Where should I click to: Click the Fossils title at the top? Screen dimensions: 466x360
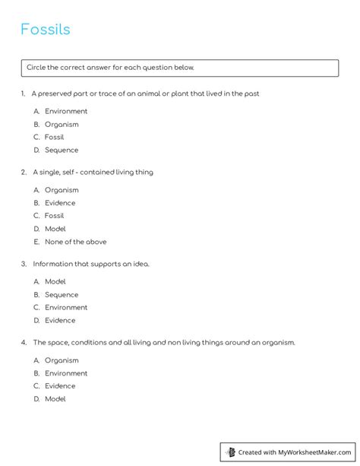click(x=45, y=30)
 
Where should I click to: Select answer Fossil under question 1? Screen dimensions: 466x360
click(x=55, y=137)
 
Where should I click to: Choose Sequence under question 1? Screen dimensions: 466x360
click(x=61, y=150)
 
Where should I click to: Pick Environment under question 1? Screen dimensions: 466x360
click(x=65, y=111)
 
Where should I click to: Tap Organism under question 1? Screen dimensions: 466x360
click(x=61, y=124)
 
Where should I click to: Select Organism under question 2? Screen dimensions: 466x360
click(x=61, y=190)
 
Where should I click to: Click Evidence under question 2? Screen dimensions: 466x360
click(x=60, y=203)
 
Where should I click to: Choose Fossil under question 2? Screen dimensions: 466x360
click(x=55, y=216)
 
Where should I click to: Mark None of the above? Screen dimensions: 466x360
click(x=75, y=242)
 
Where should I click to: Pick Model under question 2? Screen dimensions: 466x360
click(x=55, y=229)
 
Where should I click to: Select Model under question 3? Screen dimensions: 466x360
click(x=55, y=281)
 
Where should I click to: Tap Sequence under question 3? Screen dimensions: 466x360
click(x=61, y=294)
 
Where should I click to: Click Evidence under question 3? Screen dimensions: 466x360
click(x=60, y=320)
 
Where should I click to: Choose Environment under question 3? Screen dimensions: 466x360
click(x=65, y=307)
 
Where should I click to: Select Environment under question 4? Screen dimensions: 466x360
click(x=65, y=373)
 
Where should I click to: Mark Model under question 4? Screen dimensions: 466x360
click(x=55, y=399)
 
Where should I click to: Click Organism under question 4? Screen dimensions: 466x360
click(x=61, y=360)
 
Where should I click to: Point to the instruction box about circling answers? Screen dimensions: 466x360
click(x=179, y=68)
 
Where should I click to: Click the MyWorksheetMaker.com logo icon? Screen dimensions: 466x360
click(x=229, y=452)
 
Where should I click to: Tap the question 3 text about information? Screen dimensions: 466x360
click(x=91, y=264)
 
